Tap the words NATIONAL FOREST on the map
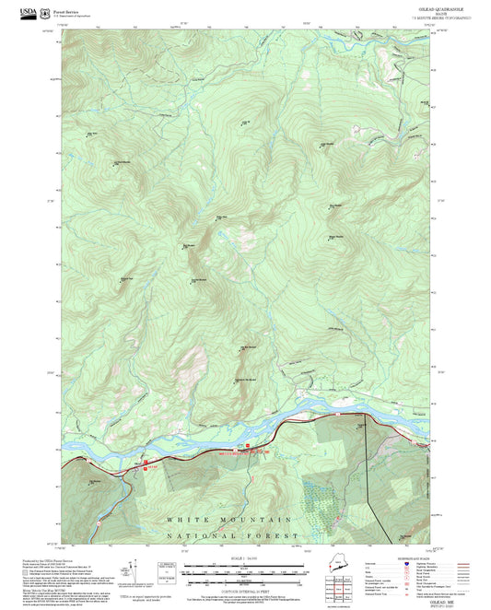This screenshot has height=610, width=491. (x=233, y=535)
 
